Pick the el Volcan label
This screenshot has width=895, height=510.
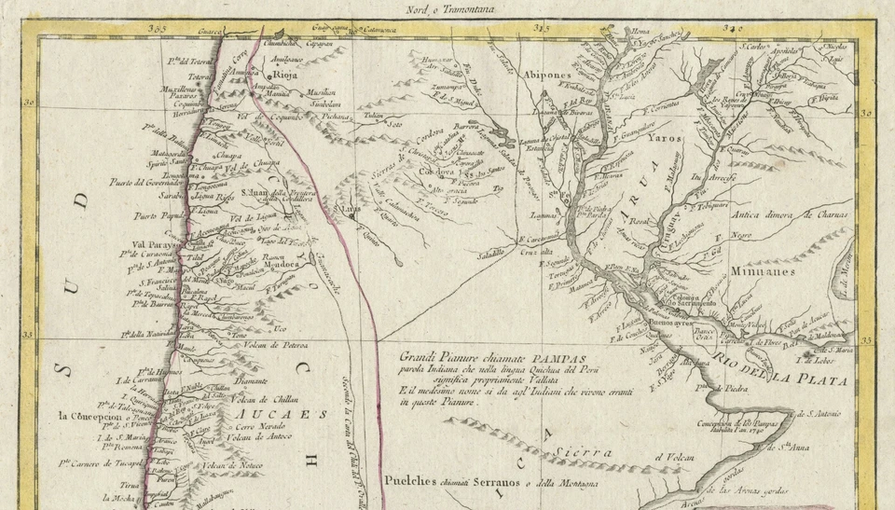[x=676, y=458]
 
